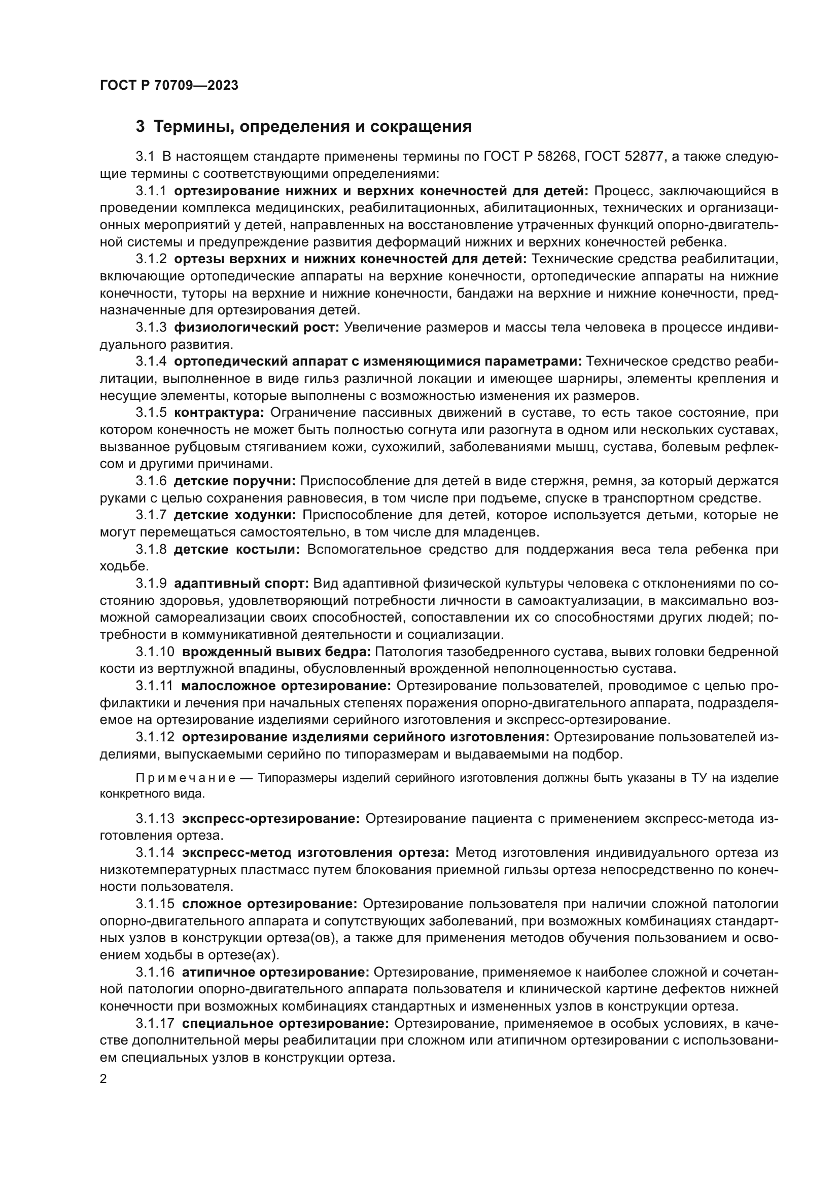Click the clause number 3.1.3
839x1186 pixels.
pos(151,328)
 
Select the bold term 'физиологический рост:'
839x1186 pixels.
pos(256,328)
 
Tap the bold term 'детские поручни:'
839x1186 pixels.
pos(234,481)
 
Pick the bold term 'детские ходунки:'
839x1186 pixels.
pos(235,515)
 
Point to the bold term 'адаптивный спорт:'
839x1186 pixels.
pos(241,584)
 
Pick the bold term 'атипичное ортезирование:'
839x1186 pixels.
pos(275,973)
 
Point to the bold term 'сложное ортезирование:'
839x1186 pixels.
pos(270,904)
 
